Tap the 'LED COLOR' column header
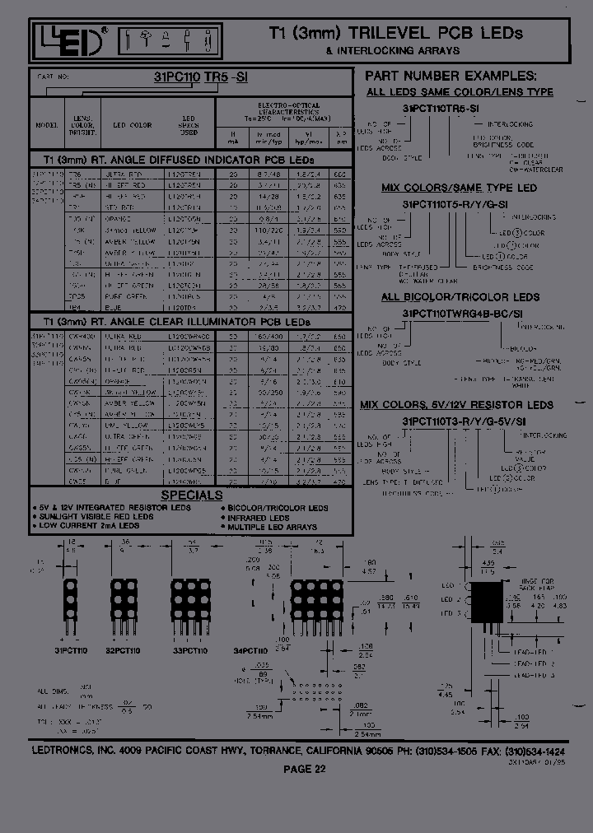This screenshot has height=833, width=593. pos(133,125)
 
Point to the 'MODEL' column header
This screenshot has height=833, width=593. pos(47,125)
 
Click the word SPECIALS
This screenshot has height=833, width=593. pos(191,496)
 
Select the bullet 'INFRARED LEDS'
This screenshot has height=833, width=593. pos(259,518)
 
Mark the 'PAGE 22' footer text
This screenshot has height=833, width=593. pos(305,770)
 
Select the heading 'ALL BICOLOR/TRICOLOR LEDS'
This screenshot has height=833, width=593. pos(460,297)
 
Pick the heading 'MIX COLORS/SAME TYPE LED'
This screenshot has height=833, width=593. pos(459,188)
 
